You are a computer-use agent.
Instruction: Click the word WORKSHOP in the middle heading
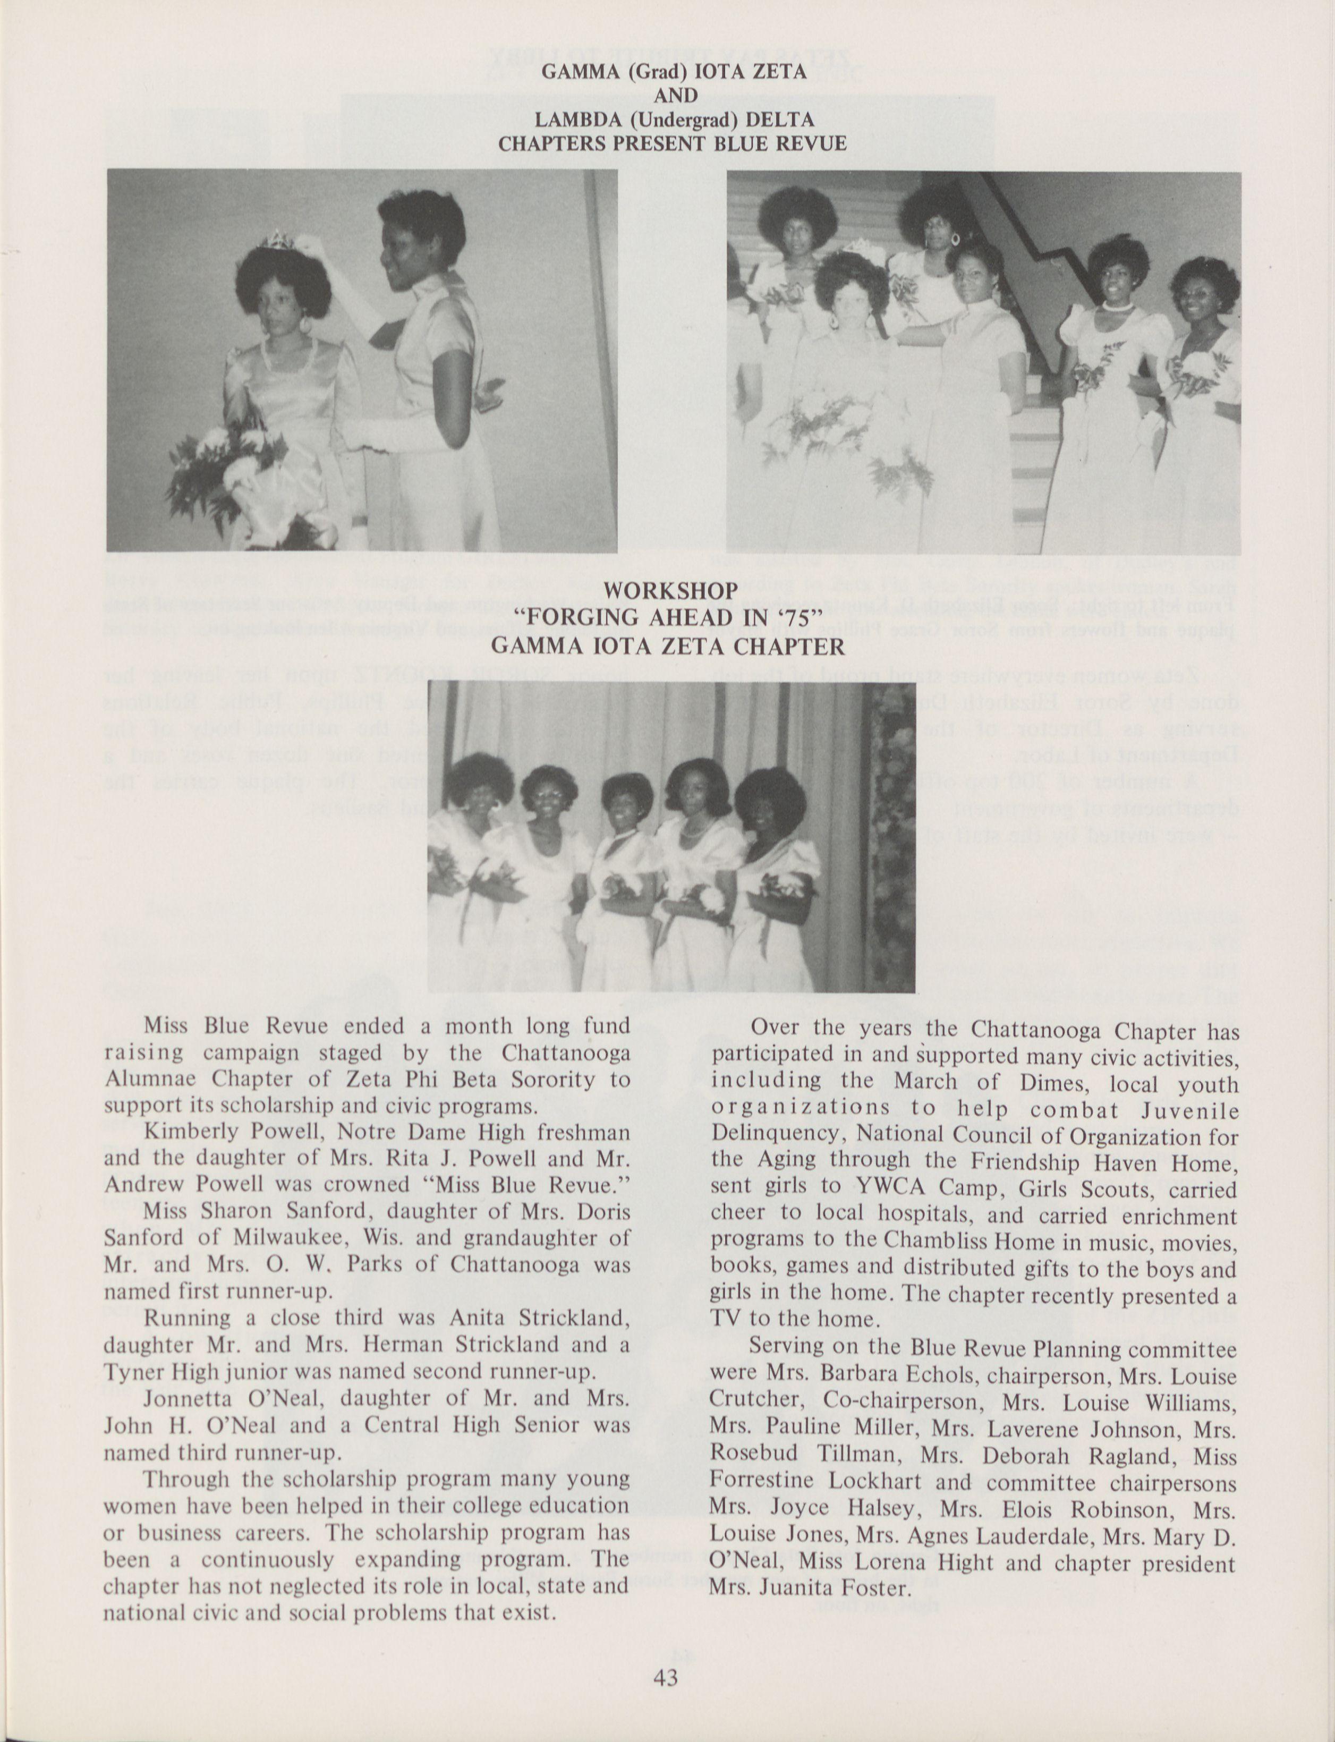point(670,591)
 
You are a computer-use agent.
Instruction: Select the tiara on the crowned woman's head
point(277,241)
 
